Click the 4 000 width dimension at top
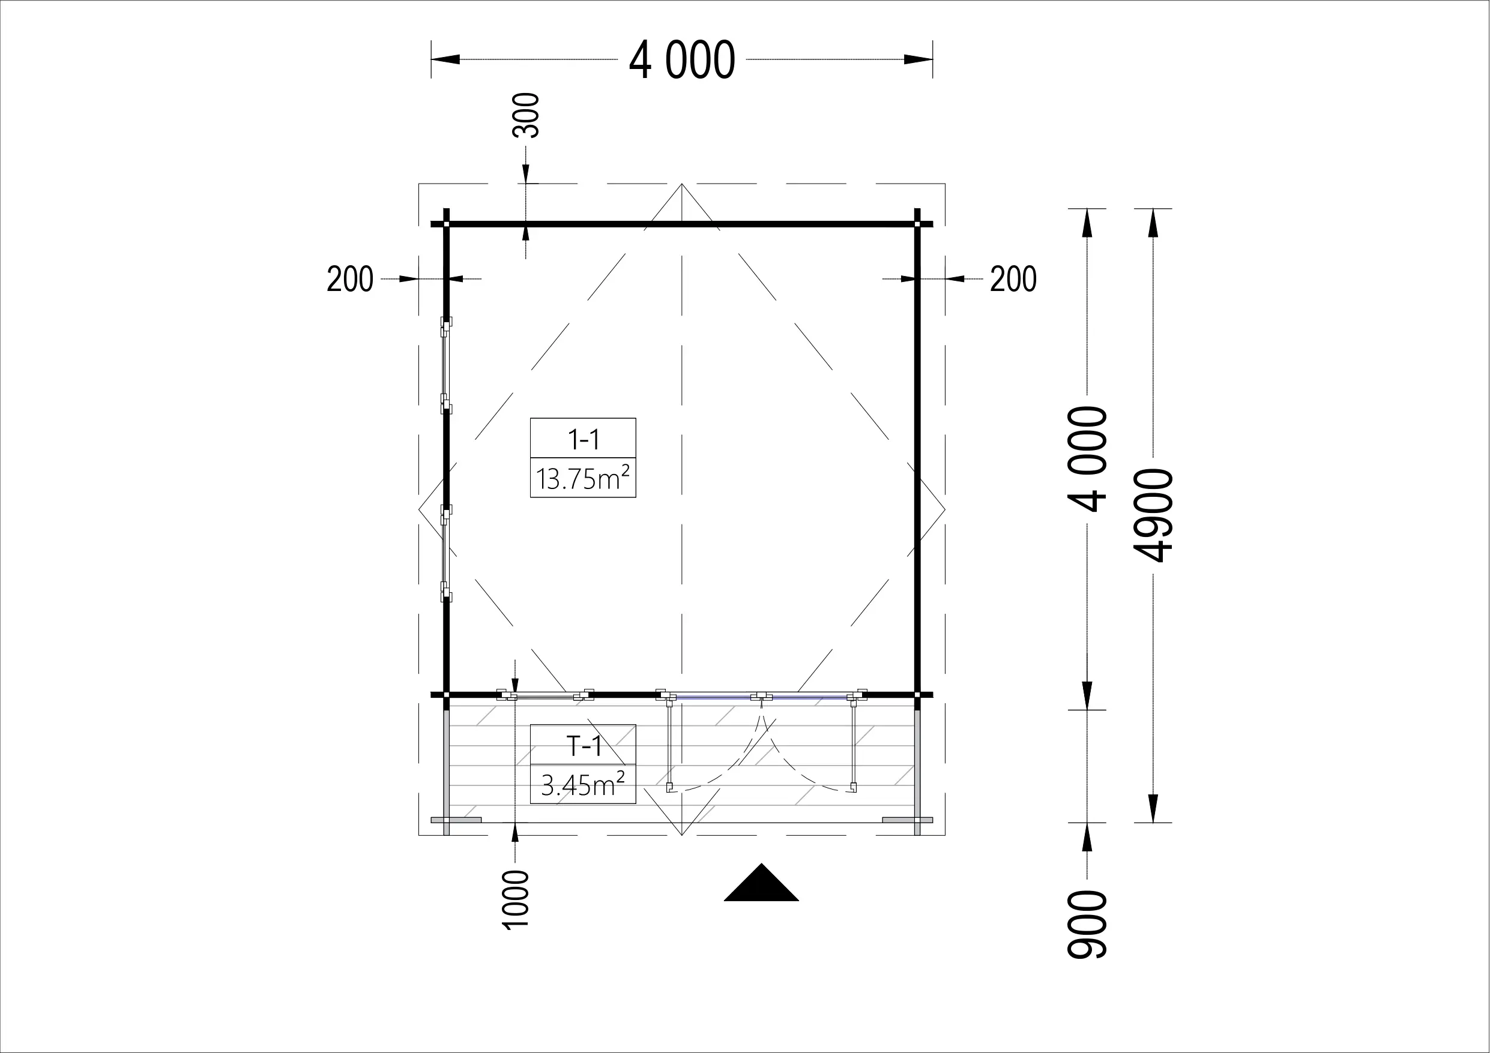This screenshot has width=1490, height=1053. pyautogui.click(x=682, y=59)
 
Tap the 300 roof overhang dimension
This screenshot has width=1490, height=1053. pyautogui.click(x=526, y=115)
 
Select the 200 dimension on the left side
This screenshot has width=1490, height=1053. pyautogui.click(x=350, y=280)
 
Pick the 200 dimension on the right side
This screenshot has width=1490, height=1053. pyautogui.click(x=1013, y=280)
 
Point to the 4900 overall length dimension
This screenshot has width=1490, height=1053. pyautogui.click(x=1153, y=515)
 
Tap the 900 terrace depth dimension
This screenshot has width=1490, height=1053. pyautogui.click(x=1087, y=924)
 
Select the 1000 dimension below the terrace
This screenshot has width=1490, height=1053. pyautogui.click(x=516, y=900)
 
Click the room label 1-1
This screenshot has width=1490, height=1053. pyautogui.click(x=584, y=440)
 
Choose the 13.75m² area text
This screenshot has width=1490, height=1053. pyautogui.click(x=583, y=478)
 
